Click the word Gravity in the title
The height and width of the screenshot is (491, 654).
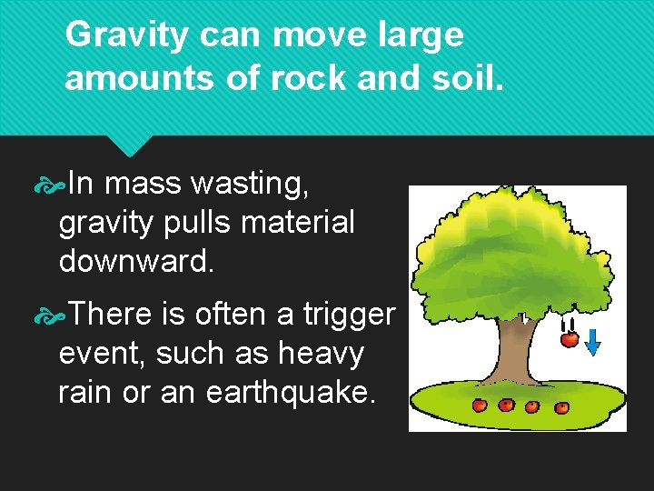tap(127, 35)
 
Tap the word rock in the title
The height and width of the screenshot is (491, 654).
tap(309, 78)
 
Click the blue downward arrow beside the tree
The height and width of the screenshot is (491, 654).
tap(592, 341)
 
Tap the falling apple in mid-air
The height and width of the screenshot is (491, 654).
tap(570, 339)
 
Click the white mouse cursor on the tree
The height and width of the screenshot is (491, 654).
tap(524, 318)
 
